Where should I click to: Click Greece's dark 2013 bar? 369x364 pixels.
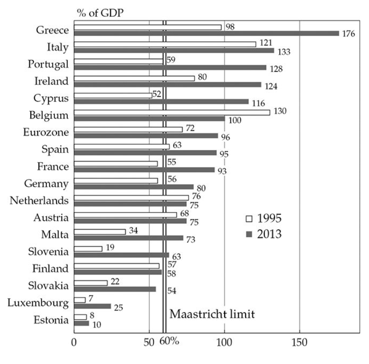[x=207, y=33]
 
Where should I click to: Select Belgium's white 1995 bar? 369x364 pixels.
[x=172, y=113]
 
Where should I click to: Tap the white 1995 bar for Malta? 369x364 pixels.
[x=100, y=232]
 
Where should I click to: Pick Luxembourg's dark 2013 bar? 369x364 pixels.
[x=92, y=306]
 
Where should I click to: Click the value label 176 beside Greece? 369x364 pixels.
[x=349, y=34]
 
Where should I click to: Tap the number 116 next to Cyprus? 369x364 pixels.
[x=258, y=103]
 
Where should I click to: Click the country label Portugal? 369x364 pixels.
[x=49, y=64]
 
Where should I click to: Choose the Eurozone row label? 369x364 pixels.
[x=46, y=132]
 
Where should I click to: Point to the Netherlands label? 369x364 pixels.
[x=39, y=200]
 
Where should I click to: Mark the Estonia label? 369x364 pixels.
[x=50, y=320]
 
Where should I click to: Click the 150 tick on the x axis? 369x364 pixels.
[x=299, y=343]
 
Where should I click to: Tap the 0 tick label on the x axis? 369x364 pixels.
[x=74, y=343]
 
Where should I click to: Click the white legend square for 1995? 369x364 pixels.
[x=249, y=219]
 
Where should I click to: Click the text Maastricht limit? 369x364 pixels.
[x=212, y=313]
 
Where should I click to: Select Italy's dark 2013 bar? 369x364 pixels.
[x=174, y=51]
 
